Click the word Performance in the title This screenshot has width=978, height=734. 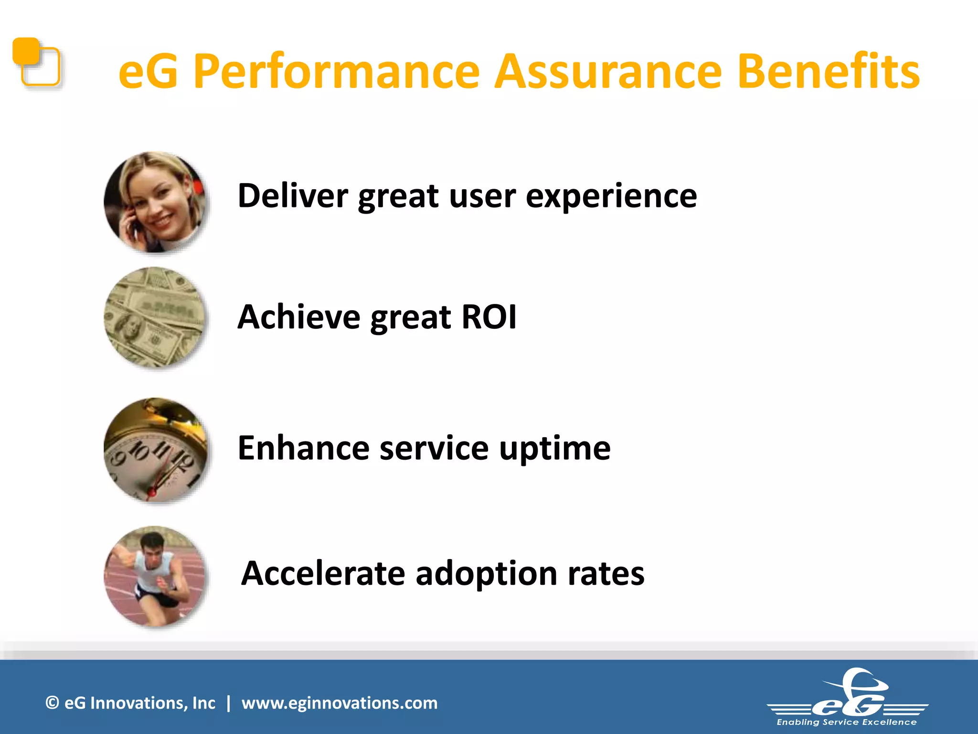[337, 72]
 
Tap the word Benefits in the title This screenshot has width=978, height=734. [829, 72]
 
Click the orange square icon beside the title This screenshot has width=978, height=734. [36, 63]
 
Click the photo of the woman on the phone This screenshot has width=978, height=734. [155, 202]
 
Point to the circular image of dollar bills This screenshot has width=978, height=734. [155, 317]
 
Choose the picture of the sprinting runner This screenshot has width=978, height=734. [155, 576]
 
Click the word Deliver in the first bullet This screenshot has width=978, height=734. [293, 196]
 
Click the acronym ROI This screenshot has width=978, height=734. [489, 317]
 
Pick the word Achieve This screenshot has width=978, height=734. [298, 317]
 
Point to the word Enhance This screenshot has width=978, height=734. [303, 448]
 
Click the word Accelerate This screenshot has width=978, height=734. [323, 573]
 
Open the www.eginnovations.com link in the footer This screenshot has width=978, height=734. [339, 703]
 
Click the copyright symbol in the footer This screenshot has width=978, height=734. [52, 703]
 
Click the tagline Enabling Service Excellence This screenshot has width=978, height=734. [847, 722]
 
